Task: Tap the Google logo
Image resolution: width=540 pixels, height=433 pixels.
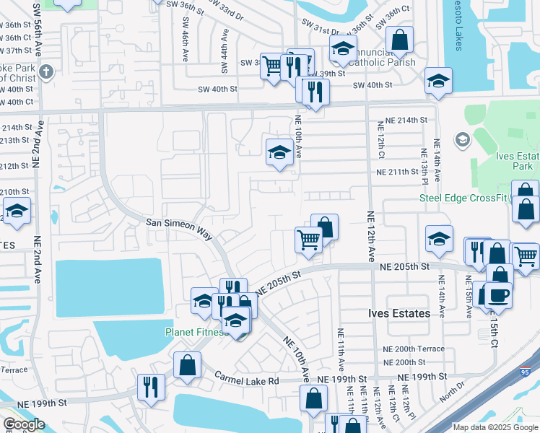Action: point(24,424)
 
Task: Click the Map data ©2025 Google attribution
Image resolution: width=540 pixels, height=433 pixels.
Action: point(495,427)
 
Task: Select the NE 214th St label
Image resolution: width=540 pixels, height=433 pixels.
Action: point(406,120)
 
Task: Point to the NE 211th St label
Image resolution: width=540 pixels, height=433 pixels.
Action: point(403,172)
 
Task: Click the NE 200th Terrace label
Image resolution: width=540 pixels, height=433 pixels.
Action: point(414,349)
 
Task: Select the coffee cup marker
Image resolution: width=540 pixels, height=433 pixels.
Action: point(497,294)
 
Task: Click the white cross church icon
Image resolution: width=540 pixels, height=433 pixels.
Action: point(46,71)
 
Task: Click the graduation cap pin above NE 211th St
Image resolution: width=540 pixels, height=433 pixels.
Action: point(279,152)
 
